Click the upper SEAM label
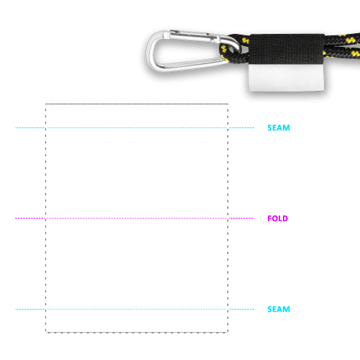pos(279,127)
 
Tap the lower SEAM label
pos(279,309)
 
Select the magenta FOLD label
pos(278,218)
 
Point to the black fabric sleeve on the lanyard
pos(287,49)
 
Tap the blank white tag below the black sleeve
pos(287,78)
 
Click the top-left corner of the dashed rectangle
pos(45,104)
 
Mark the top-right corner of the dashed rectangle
pos(228,104)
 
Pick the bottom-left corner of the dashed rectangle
pos(45,333)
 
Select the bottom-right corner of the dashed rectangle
pos(228,333)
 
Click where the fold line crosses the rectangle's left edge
pos(45,218)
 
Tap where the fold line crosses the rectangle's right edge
pos(228,218)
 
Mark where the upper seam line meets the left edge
pos(45,127)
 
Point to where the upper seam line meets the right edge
pos(228,127)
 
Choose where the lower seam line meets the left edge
pos(45,309)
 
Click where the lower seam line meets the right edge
pos(228,309)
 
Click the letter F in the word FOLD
pos(269,218)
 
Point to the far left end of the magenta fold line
pos(15,218)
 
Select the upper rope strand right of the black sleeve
pos(342,39)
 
